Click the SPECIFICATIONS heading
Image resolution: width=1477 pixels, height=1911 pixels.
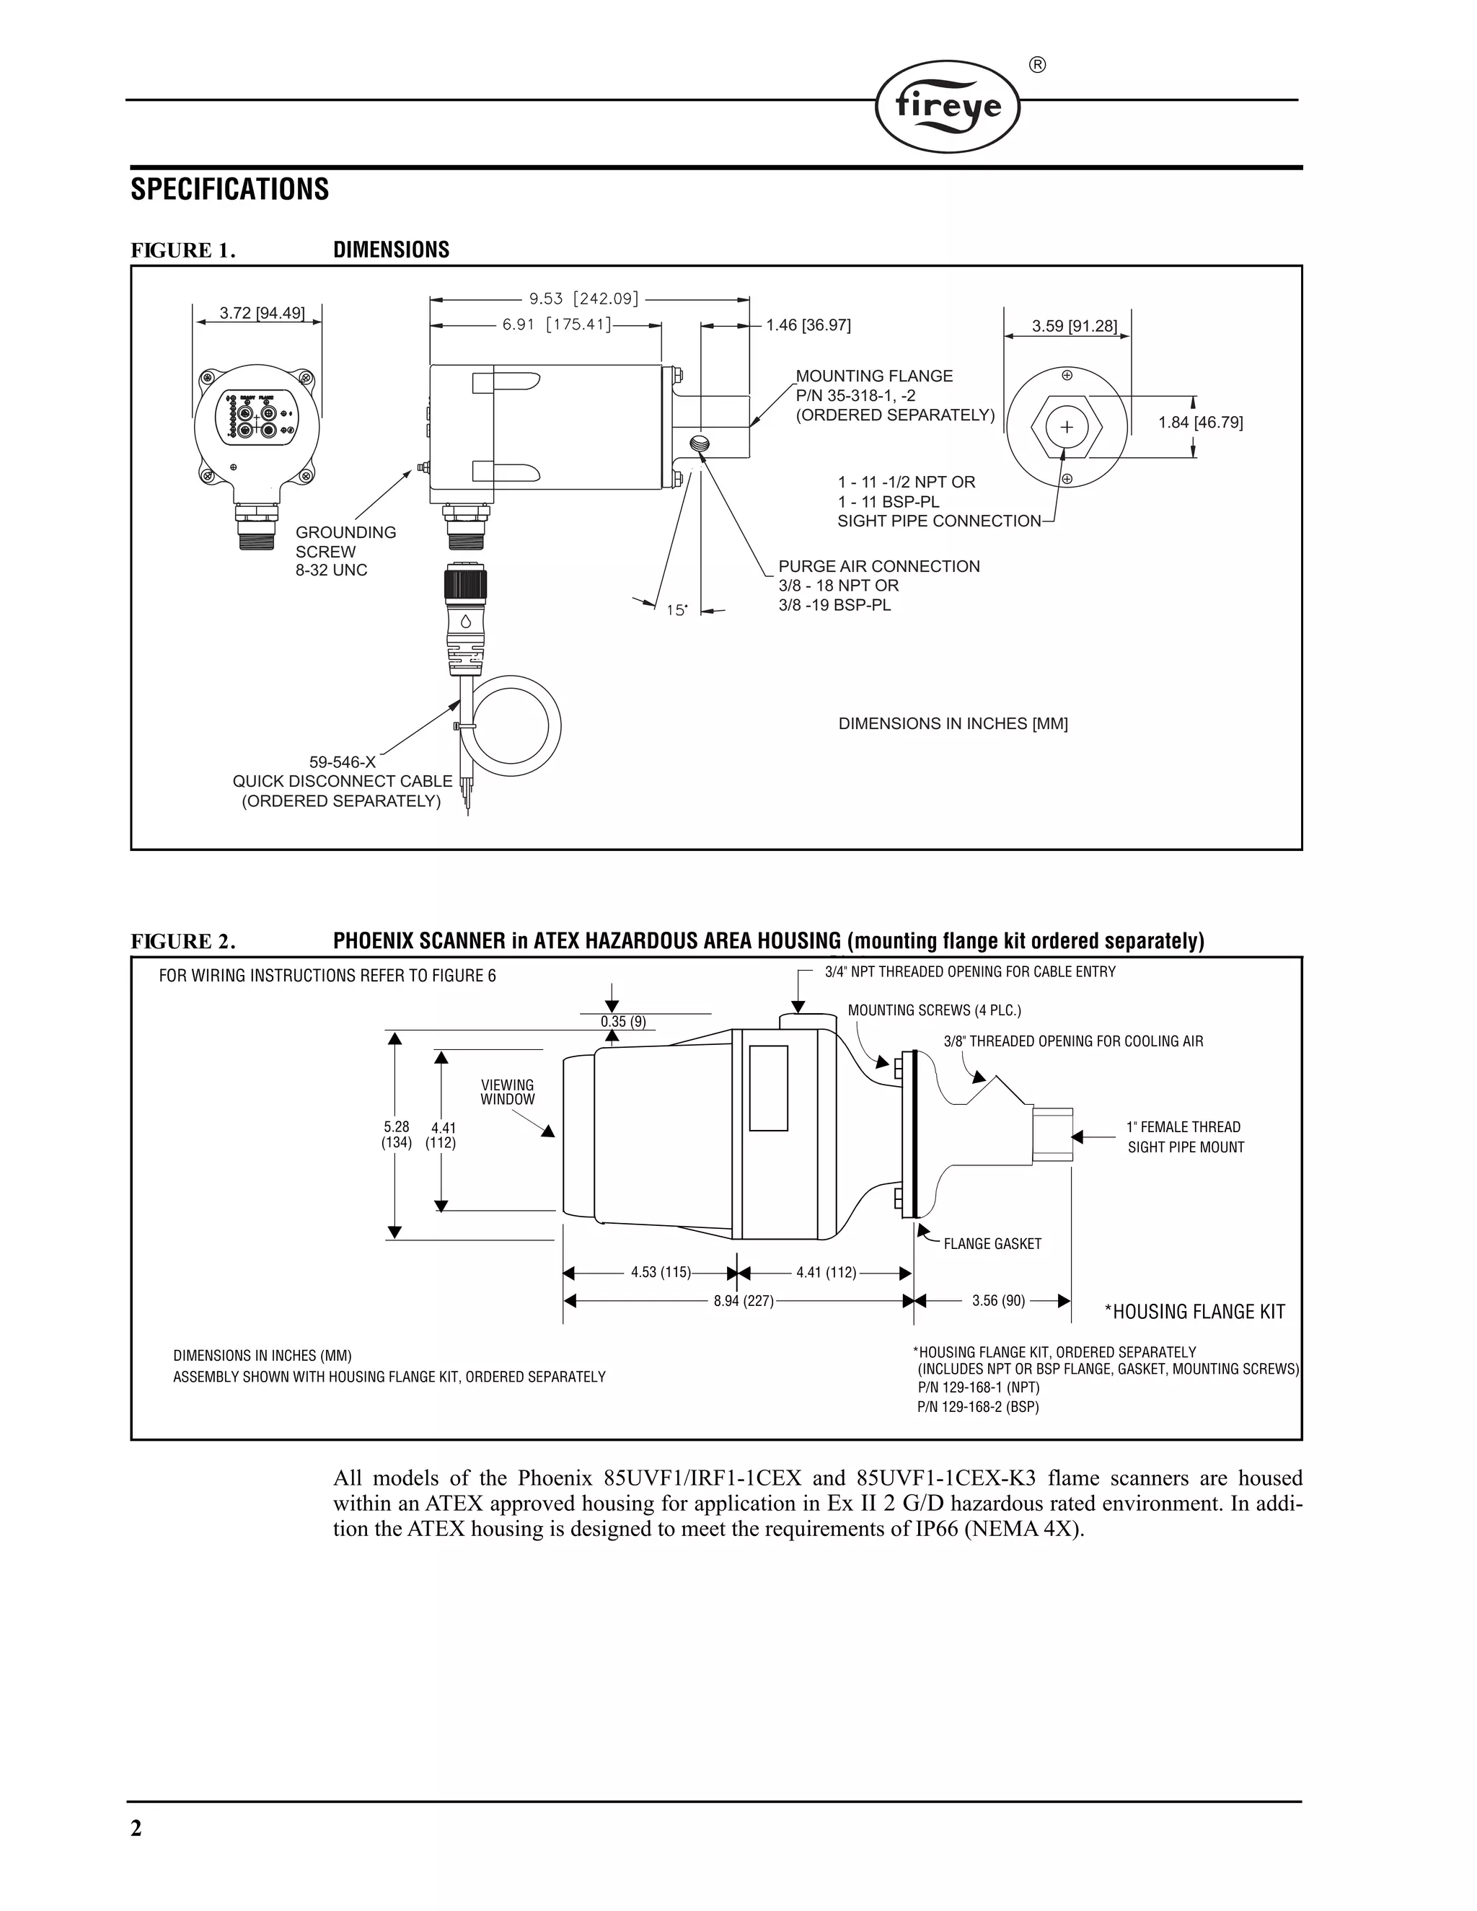click(x=229, y=189)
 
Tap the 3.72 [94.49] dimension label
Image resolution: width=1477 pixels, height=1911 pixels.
click(x=262, y=313)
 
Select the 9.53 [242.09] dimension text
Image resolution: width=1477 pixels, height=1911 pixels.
click(x=583, y=299)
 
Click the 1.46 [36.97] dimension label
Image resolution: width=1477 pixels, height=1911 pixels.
click(x=808, y=325)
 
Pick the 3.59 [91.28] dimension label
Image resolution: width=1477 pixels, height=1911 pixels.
click(x=1074, y=327)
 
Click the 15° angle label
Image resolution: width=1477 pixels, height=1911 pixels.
click(x=676, y=610)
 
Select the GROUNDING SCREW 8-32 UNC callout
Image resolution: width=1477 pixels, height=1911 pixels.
click(x=345, y=551)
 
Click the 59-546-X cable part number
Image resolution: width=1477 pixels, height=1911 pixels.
click(x=342, y=762)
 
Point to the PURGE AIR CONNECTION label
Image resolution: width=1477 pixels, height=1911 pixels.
click(x=878, y=566)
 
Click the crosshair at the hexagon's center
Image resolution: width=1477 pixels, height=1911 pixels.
click(x=1067, y=427)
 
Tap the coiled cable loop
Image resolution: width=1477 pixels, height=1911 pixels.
click(x=516, y=725)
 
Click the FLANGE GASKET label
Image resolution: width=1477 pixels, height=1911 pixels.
click(x=992, y=1244)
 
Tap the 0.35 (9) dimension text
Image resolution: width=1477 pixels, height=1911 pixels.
click(x=623, y=1022)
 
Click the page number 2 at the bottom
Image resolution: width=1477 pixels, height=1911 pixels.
click(x=136, y=1828)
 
